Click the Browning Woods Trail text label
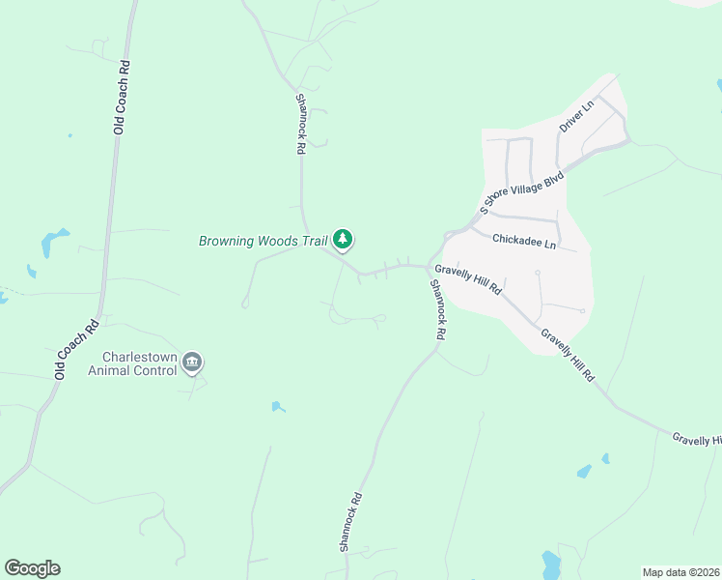(x=264, y=241)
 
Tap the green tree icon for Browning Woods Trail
(x=343, y=239)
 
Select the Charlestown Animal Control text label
(x=133, y=362)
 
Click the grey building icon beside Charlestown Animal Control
(x=192, y=362)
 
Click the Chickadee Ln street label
(x=523, y=240)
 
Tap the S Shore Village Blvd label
(x=521, y=193)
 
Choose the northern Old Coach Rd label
(x=122, y=97)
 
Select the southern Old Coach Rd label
(x=77, y=348)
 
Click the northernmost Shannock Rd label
(x=301, y=124)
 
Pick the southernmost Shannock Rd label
(x=349, y=522)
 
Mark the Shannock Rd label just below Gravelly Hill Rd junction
(x=438, y=308)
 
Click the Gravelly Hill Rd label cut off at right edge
(x=697, y=439)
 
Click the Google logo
(x=32, y=568)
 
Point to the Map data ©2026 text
(x=680, y=572)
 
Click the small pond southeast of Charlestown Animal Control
(x=278, y=407)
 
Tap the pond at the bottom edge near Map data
(x=550, y=564)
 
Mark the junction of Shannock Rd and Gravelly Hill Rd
(x=429, y=268)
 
